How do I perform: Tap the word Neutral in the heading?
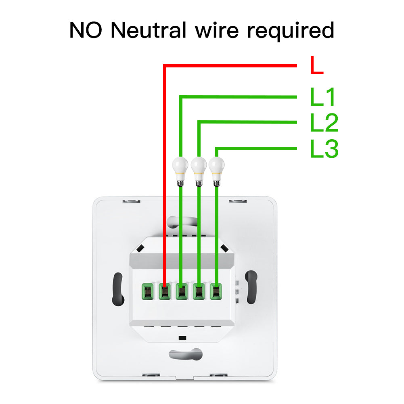148,30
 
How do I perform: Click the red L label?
317,66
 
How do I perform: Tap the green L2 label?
324,123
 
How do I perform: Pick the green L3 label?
324,149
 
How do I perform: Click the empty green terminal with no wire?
146,291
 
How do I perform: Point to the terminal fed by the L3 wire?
217,291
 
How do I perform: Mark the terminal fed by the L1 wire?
181,291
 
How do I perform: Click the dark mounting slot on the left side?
117,289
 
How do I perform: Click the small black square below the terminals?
182,337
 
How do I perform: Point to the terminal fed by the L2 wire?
199,291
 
